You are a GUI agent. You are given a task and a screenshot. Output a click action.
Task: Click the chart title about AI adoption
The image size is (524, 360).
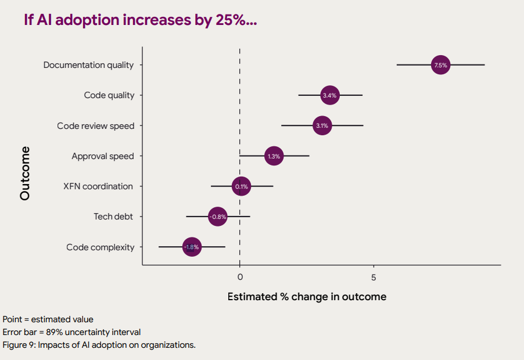141,20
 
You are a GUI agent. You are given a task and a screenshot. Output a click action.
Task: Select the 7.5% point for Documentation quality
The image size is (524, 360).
440,65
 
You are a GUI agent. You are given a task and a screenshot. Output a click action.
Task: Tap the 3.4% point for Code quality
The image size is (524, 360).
329,95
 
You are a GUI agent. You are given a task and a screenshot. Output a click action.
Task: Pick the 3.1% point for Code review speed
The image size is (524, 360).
322,125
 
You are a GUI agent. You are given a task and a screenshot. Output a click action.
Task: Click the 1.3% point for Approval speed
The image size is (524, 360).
274,156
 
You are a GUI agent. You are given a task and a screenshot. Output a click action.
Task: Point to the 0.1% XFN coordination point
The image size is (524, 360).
241,186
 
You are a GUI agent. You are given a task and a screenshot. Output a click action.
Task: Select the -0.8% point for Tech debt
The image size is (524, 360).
217,217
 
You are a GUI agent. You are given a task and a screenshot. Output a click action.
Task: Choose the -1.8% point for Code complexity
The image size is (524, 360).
192,247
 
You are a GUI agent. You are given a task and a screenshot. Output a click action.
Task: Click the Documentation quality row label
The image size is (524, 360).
88,65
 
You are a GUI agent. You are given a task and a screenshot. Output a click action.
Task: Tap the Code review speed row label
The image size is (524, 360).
95,126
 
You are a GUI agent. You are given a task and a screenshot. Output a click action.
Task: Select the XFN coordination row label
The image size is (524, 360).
98,186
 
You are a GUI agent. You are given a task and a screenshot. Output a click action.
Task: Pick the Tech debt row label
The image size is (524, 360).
113,217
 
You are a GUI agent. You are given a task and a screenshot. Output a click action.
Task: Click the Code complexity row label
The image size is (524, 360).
100,247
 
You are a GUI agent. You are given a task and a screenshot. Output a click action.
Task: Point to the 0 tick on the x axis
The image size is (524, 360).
240,277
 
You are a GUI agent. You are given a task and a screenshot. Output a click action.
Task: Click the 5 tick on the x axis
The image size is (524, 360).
374,277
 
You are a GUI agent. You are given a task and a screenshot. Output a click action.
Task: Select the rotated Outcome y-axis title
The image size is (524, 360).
24,173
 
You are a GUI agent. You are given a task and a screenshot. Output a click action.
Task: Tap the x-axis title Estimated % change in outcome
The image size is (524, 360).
306,297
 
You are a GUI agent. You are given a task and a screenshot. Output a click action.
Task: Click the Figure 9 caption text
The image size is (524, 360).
99,345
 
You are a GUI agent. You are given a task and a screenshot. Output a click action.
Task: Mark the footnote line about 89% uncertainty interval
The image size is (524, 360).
71,332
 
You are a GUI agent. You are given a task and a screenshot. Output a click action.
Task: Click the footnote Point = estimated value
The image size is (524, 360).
48,319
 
